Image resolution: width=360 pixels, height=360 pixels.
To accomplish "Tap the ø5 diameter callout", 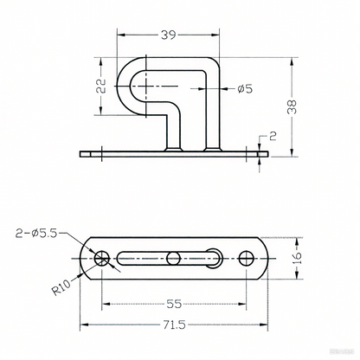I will pos(244,88).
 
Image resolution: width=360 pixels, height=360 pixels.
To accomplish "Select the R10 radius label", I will pos(61,283).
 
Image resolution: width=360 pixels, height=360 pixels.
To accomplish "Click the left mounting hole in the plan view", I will pos(103,257).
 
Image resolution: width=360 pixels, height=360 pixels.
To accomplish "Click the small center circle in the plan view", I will pos(176,257).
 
